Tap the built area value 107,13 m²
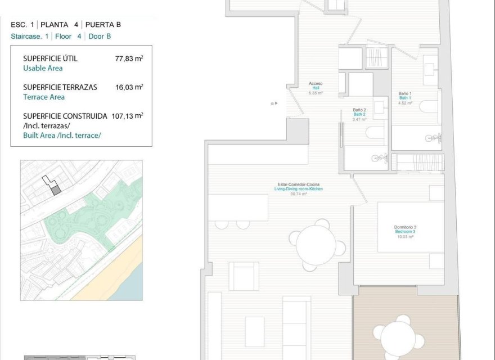[x=127, y=116]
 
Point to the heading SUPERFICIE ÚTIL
[x=50, y=58]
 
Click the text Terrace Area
[x=44, y=97]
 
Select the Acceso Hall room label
[x=316, y=88]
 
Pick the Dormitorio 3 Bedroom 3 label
[x=404, y=232]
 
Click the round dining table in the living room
[x=316, y=245]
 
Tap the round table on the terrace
[x=402, y=337]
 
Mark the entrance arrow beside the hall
[x=274, y=103]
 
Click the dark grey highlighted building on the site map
[x=56, y=190]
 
